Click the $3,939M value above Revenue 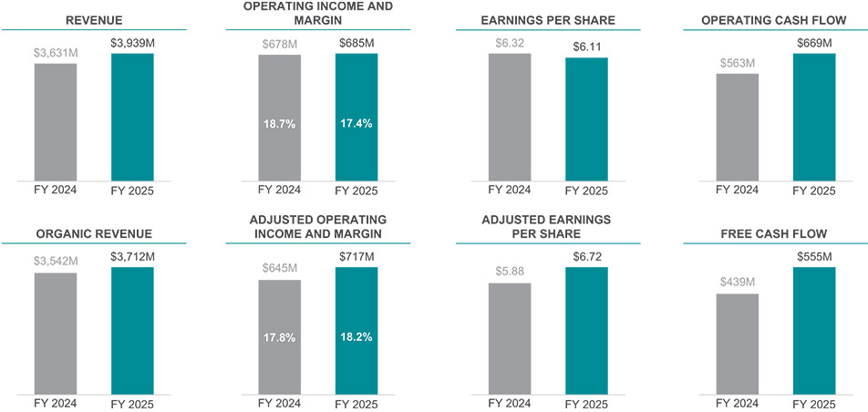[132, 42]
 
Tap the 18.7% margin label [279, 123]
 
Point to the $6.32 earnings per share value [509, 42]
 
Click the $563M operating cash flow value [737, 63]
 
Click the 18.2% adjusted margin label [356, 336]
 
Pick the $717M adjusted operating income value [356, 256]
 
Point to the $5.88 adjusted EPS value [509, 272]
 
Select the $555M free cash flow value [814, 256]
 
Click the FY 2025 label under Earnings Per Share [585, 191]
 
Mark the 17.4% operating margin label [356, 123]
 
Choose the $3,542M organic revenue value [56, 262]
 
